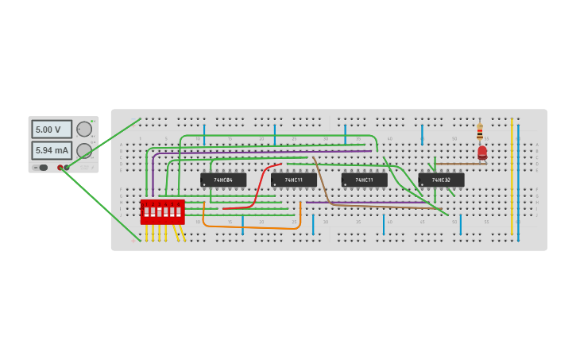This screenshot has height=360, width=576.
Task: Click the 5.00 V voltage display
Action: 52,130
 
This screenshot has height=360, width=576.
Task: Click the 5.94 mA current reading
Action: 52,150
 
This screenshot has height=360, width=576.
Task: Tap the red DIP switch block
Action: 162,211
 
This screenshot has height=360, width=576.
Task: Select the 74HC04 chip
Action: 223,180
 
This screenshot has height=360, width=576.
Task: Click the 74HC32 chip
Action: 441,180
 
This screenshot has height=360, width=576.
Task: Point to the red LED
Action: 482,152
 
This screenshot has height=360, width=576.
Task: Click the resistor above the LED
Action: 480,132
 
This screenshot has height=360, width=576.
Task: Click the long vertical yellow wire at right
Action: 512,175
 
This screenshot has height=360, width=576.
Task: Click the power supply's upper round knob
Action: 84,129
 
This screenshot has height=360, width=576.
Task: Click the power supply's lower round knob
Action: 84,150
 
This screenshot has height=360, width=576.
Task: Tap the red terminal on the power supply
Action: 60,168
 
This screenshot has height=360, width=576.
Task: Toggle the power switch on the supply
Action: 43,168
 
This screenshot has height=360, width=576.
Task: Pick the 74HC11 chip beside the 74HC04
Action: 294,180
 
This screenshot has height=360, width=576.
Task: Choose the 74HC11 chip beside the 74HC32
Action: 365,180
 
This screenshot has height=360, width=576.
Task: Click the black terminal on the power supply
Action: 67,168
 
